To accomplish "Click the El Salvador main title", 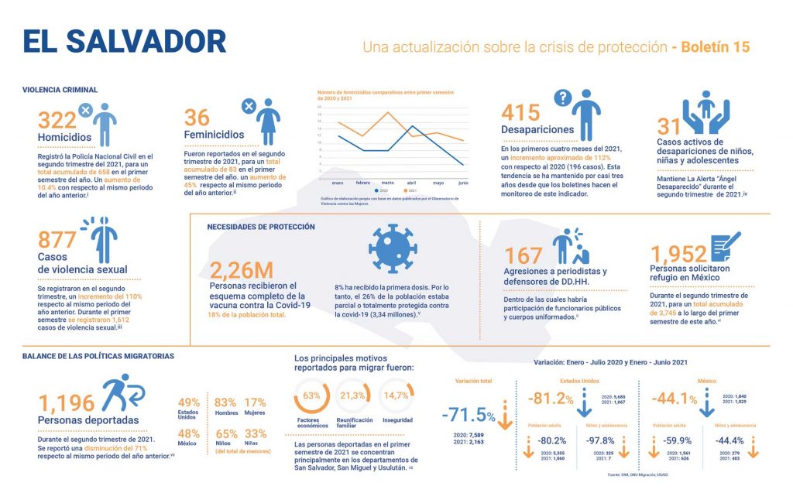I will pos(124,42).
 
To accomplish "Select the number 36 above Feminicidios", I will pos(197,118).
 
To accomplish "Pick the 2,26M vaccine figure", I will pos(242,270).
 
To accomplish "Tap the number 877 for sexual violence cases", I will pos(57,240).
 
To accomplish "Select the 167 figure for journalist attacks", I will pos(523,255).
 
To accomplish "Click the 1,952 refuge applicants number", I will pos(679,254).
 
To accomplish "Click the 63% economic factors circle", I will pos(312,395).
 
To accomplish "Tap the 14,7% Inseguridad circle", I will pos(396,395).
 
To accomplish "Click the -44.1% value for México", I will pos(673,399).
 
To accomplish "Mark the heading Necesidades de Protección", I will pos(261,227).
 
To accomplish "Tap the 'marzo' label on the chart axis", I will pos(387,183).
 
